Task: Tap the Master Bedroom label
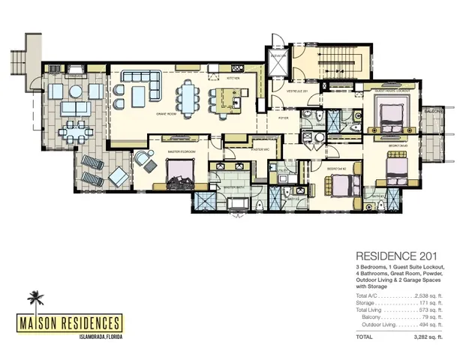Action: tap(183, 151)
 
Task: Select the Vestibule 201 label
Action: tap(280, 91)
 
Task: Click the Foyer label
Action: tap(283, 118)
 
